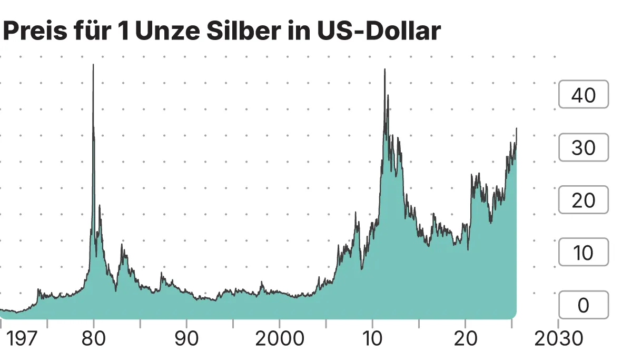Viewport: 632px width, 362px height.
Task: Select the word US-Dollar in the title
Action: point(378,32)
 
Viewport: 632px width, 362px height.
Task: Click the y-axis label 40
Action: point(583,95)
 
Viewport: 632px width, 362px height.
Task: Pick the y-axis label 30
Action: point(583,148)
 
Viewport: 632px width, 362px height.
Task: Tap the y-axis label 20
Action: point(583,200)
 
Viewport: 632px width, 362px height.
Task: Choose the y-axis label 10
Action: point(583,253)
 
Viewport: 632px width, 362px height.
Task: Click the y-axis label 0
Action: point(583,306)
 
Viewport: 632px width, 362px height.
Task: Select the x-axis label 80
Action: point(93,339)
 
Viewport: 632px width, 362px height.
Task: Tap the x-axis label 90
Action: point(186,339)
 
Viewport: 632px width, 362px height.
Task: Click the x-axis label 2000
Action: point(279,339)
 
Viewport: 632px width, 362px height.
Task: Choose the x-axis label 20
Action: point(465,339)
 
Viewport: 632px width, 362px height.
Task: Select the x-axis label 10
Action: point(372,339)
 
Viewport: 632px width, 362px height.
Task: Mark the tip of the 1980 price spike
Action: point(93,65)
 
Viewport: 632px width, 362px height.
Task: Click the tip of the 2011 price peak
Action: point(384,69)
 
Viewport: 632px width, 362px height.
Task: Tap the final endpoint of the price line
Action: point(517,128)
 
